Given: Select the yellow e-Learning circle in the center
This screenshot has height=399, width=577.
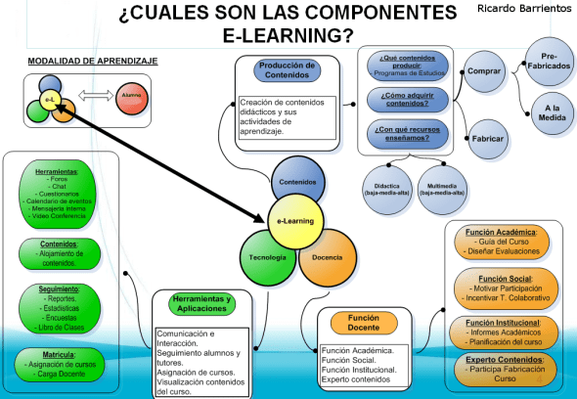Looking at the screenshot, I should (x=294, y=221).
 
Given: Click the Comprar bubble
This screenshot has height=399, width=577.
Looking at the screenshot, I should (x=484, y=72).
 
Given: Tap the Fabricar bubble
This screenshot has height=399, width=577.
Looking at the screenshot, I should (x=487, y=139).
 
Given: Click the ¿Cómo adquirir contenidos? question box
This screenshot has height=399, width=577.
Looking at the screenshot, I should (x=403, y=98).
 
